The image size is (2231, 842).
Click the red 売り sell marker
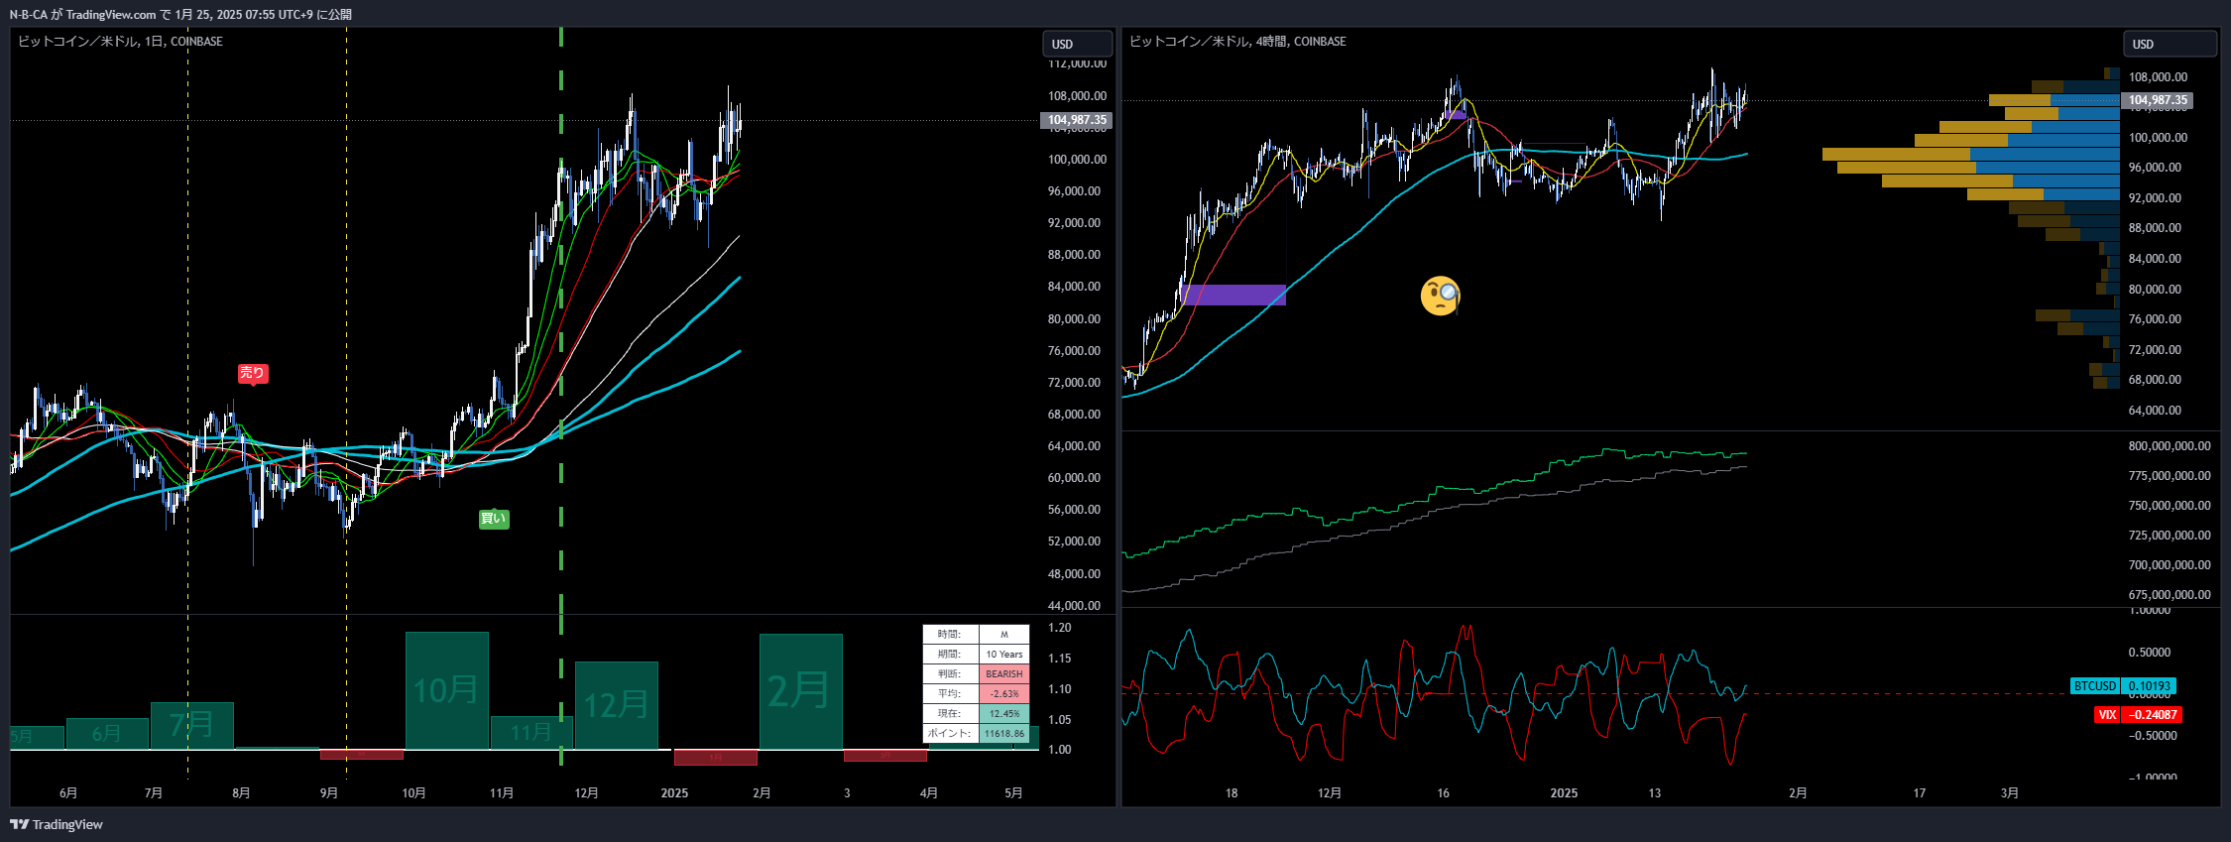[252, 373]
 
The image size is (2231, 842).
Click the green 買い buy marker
[493, 519]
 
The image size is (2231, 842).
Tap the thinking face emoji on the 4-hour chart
[1440, 296]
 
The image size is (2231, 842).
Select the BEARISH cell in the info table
[1003, 673]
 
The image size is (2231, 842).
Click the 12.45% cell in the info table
[1003, 713]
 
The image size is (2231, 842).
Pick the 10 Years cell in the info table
[1003, 654]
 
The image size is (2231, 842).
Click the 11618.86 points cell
[1003, 733]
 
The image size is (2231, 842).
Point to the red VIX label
[2107, 714]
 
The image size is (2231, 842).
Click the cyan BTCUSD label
[2094, 685]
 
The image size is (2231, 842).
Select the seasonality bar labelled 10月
[446, 689]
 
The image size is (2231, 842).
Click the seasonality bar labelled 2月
[800, 690]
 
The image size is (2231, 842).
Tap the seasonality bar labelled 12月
[616, 704]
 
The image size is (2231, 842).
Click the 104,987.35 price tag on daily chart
[1077, 120]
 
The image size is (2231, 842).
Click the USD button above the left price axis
[1076, 45]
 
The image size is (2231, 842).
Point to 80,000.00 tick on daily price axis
[1074, 318]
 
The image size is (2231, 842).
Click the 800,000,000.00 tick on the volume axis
[2169, 446]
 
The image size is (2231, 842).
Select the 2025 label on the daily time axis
[674, 792]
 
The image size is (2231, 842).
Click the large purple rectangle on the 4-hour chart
[1233, 295]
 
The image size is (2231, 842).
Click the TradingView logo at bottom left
[57, 824]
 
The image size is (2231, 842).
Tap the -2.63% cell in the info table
[1003, 693]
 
